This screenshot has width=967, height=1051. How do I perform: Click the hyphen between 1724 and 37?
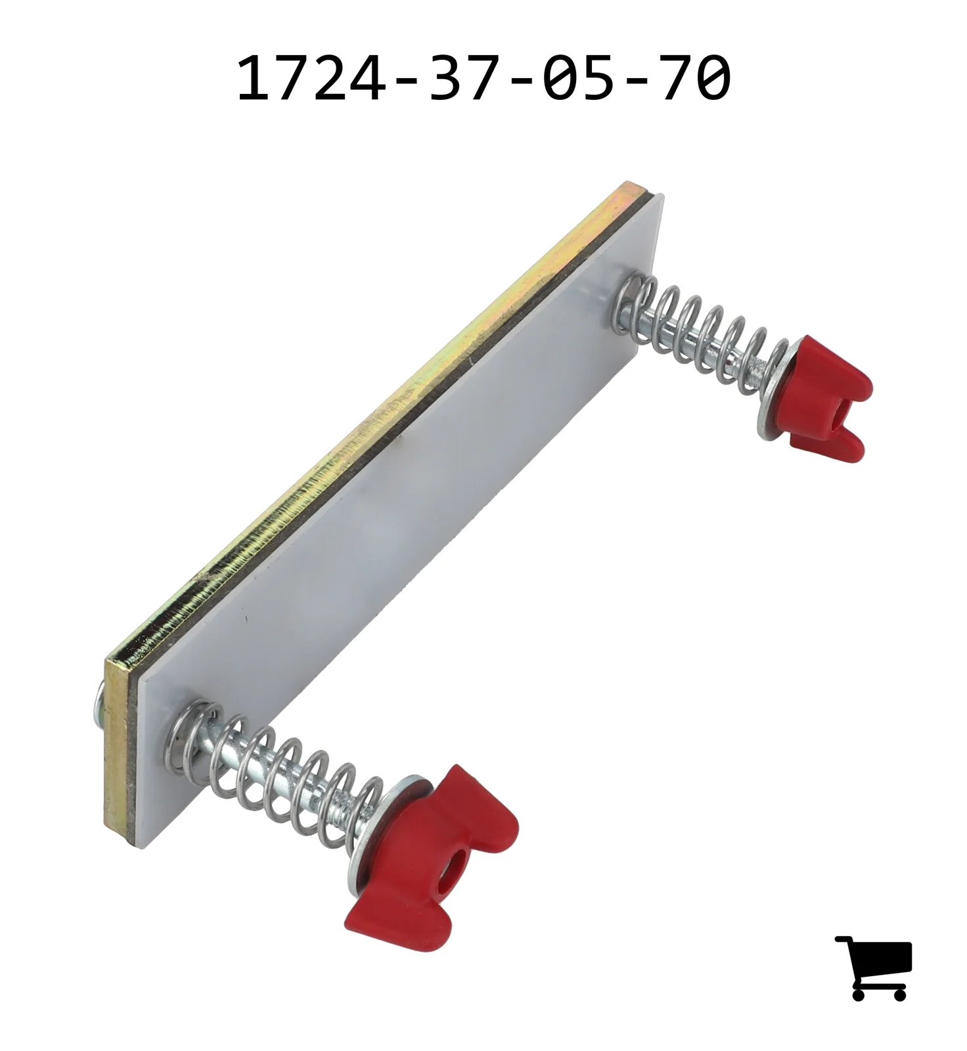click(407, 80)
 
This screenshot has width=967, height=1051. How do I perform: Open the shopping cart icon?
click(874, 968)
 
